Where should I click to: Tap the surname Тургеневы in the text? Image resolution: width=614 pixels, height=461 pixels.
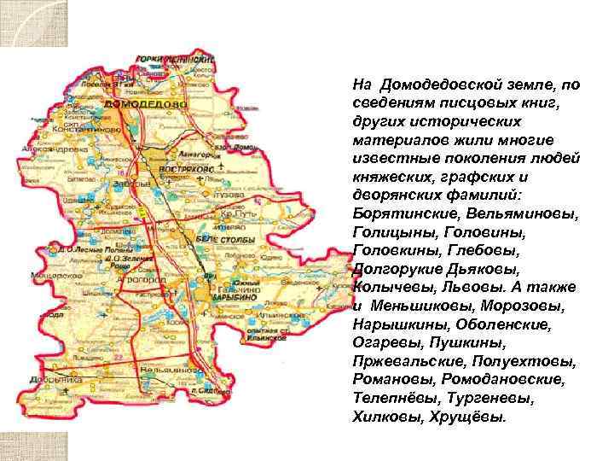click(x=468, y=399)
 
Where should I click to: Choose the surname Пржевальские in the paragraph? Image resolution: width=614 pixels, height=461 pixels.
click(x=403, y=361)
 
